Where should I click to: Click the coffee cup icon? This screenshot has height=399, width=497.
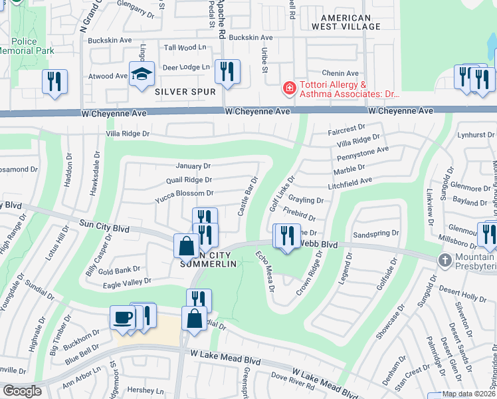(122, 317)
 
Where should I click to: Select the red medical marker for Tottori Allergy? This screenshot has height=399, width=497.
(289, 88)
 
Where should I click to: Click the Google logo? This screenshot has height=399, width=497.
(22, 391)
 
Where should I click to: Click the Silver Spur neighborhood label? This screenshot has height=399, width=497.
(185, 91)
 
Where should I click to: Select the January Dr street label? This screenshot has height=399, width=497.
(193, 166)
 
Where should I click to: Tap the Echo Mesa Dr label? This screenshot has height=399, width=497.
(264, 274)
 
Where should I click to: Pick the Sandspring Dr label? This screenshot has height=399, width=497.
(375, 234)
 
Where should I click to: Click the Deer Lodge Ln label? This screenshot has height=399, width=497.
(186, 66)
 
